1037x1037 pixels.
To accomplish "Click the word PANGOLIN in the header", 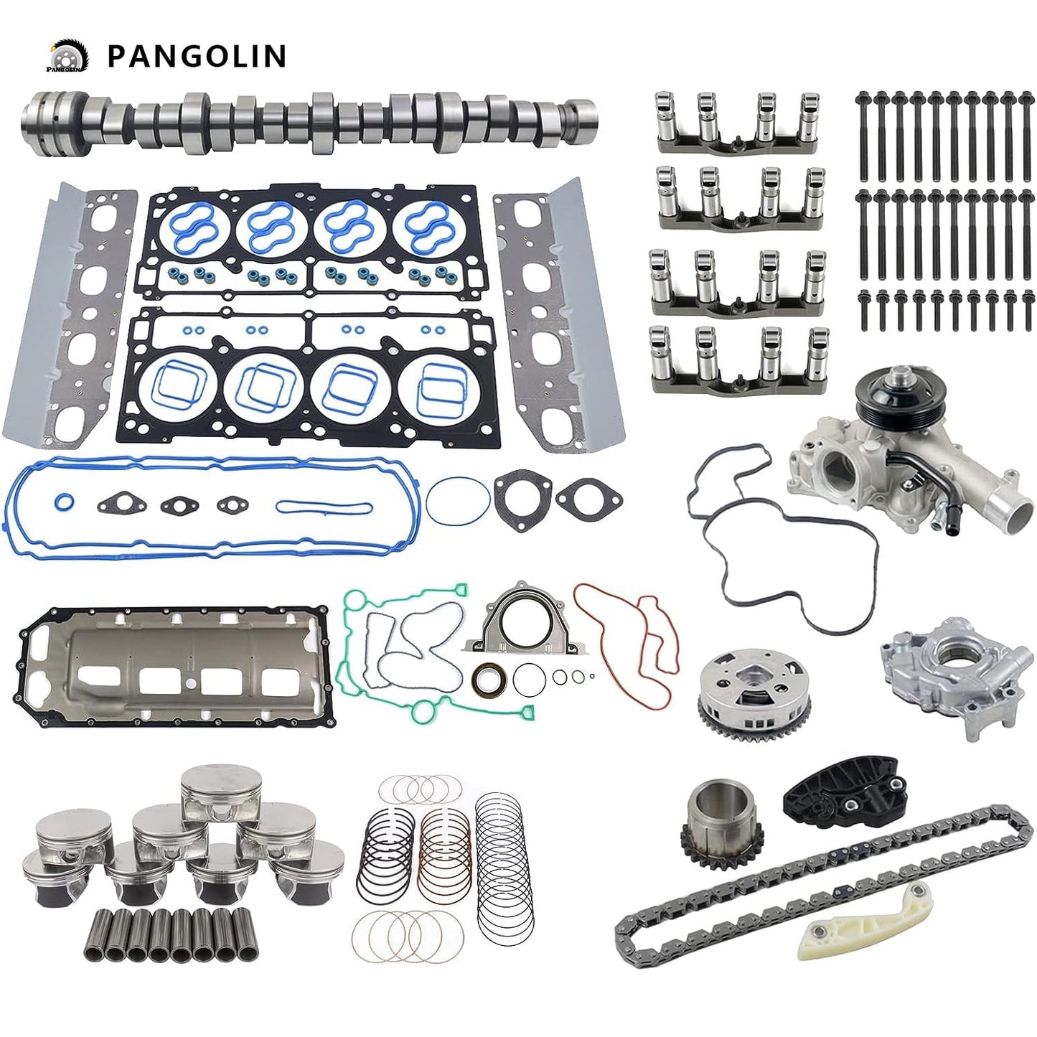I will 197,57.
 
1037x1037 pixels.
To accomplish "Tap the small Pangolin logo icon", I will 67,56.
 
